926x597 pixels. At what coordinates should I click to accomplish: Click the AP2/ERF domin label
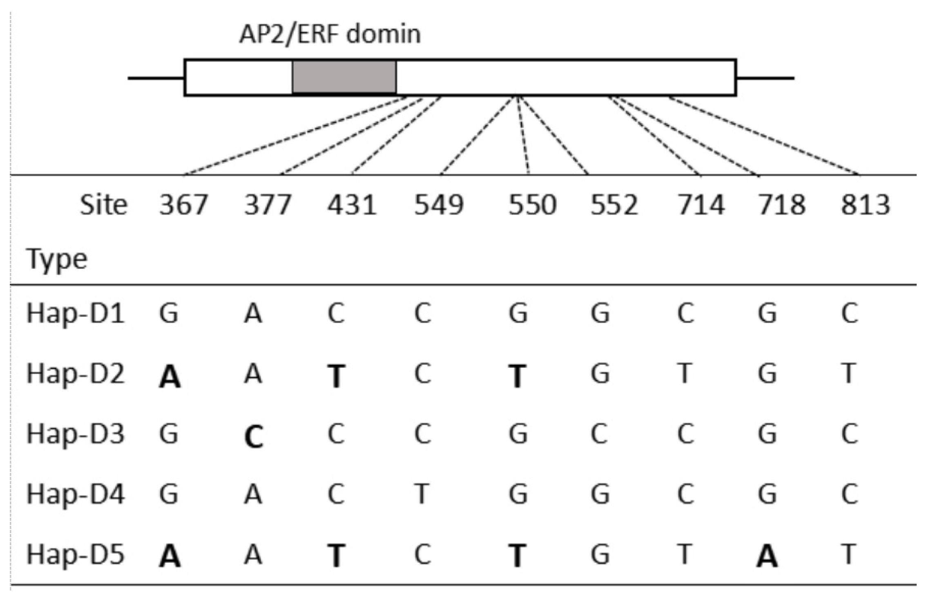tap(330, 34)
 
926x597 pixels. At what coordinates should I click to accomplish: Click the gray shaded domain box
tap(344, 77)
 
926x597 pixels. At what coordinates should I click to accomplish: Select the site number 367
tap(183, 204)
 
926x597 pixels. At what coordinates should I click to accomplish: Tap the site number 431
tap(351, 204)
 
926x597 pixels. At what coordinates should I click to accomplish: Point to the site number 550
tap(532, 204)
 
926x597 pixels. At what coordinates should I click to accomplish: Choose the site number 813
tap(865, 204)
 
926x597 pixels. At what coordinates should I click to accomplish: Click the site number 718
tap(782, 204)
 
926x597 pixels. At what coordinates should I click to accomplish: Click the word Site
tap(103, 204)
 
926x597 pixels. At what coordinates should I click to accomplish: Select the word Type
tap(57, 259)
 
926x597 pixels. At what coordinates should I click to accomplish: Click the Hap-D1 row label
tap(75, 313)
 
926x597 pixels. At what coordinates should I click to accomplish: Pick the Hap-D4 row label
tap(75, 494)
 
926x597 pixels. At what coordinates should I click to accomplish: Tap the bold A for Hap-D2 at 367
tap(170, 376)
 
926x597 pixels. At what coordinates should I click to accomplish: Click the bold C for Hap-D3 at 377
tap(253, 436)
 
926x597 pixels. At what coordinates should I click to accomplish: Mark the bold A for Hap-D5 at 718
tap(767, 556)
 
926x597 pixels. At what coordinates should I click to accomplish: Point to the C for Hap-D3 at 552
tap(599, 434)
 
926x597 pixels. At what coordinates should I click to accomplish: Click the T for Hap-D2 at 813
tap(848, 373)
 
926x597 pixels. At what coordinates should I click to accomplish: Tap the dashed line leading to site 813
tap(764, 136)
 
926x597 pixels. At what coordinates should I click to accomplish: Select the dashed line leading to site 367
tap(294, 136)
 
